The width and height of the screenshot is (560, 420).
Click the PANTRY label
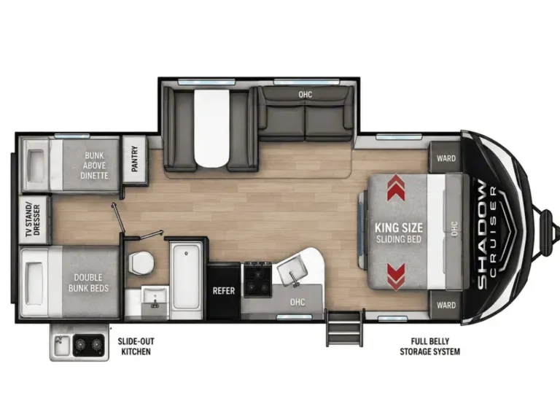[x=135, y=159]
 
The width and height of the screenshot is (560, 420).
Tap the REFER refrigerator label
[x=224, y=291]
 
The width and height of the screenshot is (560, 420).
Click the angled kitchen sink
[x=292, y=271]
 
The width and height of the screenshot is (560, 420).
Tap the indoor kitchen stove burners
[x=257, y=279]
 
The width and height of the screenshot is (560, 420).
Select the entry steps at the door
[x=344, y=329]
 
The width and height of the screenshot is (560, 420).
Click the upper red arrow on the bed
[x=396, y=187]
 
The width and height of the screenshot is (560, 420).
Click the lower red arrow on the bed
[x=396, y=277]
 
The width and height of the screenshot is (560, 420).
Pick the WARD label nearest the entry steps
[x=446, y=306]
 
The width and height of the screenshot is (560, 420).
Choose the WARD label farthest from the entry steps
[x=446, y=158]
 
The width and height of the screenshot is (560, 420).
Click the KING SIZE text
[x=399, y=227]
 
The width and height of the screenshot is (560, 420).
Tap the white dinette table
[x=211, y=127]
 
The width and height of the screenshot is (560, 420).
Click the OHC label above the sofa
[x=306, y=94]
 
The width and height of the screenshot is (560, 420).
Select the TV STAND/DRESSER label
[x=33, y=220]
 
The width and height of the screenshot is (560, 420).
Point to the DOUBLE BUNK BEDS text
[x=88, y=283]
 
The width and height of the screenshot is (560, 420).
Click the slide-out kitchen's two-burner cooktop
[x=88, y=345]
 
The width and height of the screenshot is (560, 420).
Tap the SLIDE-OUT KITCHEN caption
[x=136, y=346]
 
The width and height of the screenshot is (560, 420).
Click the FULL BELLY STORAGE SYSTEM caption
[x=429, y=346]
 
